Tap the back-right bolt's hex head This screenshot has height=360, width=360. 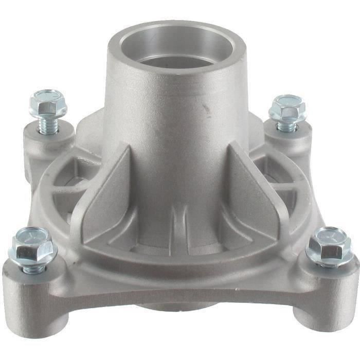(x=287, y=107)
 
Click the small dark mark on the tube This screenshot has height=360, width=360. (x=206, y=109)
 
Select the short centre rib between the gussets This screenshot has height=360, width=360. (x=177, y=226)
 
